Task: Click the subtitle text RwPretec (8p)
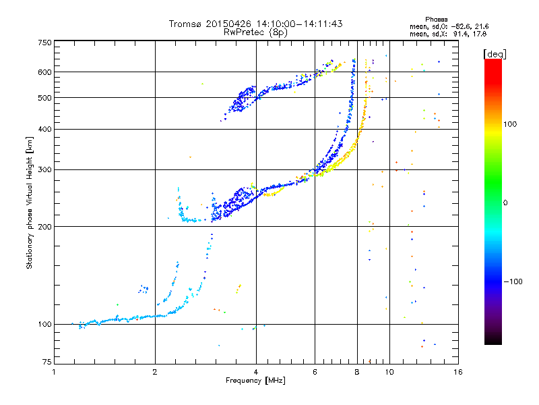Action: tap(255, 32)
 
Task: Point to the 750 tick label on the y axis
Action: tap(44, 43)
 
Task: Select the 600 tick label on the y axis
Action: tap(44, 72)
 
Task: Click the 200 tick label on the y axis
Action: tap(44, 227)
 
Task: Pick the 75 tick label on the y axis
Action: tap(47, 362)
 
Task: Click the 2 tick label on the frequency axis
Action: tap(155, 372)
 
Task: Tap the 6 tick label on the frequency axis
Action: tap(315, 372)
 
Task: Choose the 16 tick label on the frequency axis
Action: tap(458, 372)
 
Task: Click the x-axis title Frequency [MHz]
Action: tap(255, 381)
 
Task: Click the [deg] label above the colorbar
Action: tap(495, 54)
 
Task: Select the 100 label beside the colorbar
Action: tap(510, 124)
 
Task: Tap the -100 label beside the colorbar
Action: tap(513, 281)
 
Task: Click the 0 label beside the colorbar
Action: tap(505, 203)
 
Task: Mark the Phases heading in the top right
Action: tap(436, 20)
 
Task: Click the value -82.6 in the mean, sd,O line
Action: tap(460, 26)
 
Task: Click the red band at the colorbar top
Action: tap(493, 65)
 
